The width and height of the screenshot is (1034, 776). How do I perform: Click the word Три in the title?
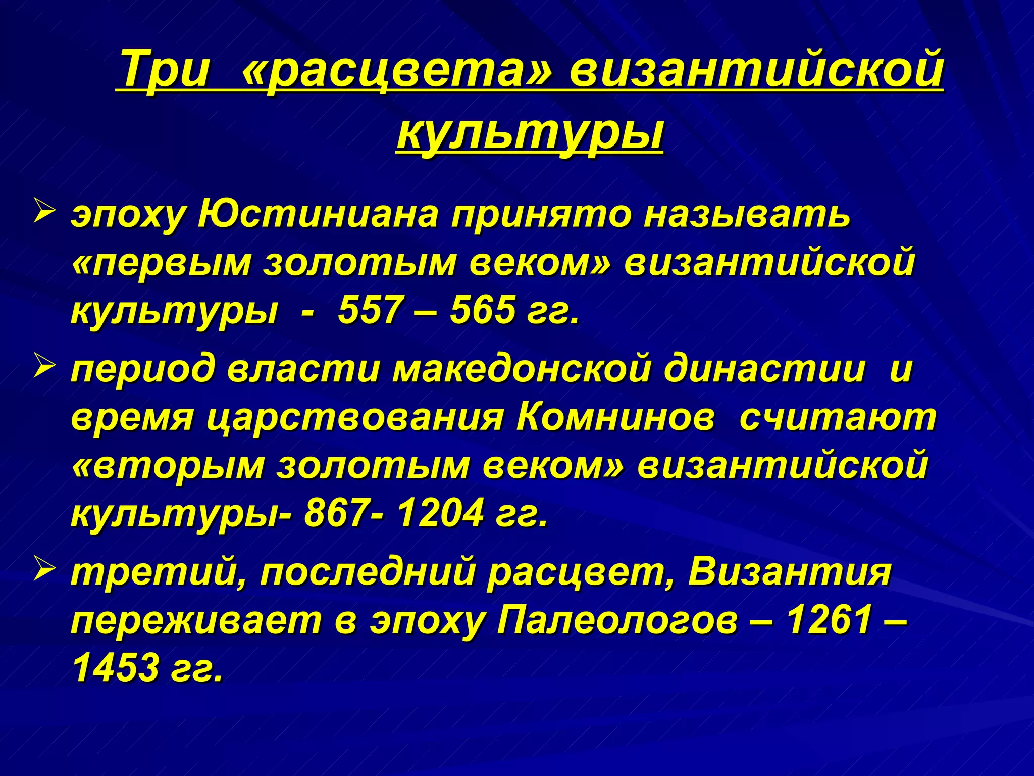[x=166, y=70]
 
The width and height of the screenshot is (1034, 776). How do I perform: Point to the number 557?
[x=369, y=309]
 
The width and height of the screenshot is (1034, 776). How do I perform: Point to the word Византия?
[x=790, y=572]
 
